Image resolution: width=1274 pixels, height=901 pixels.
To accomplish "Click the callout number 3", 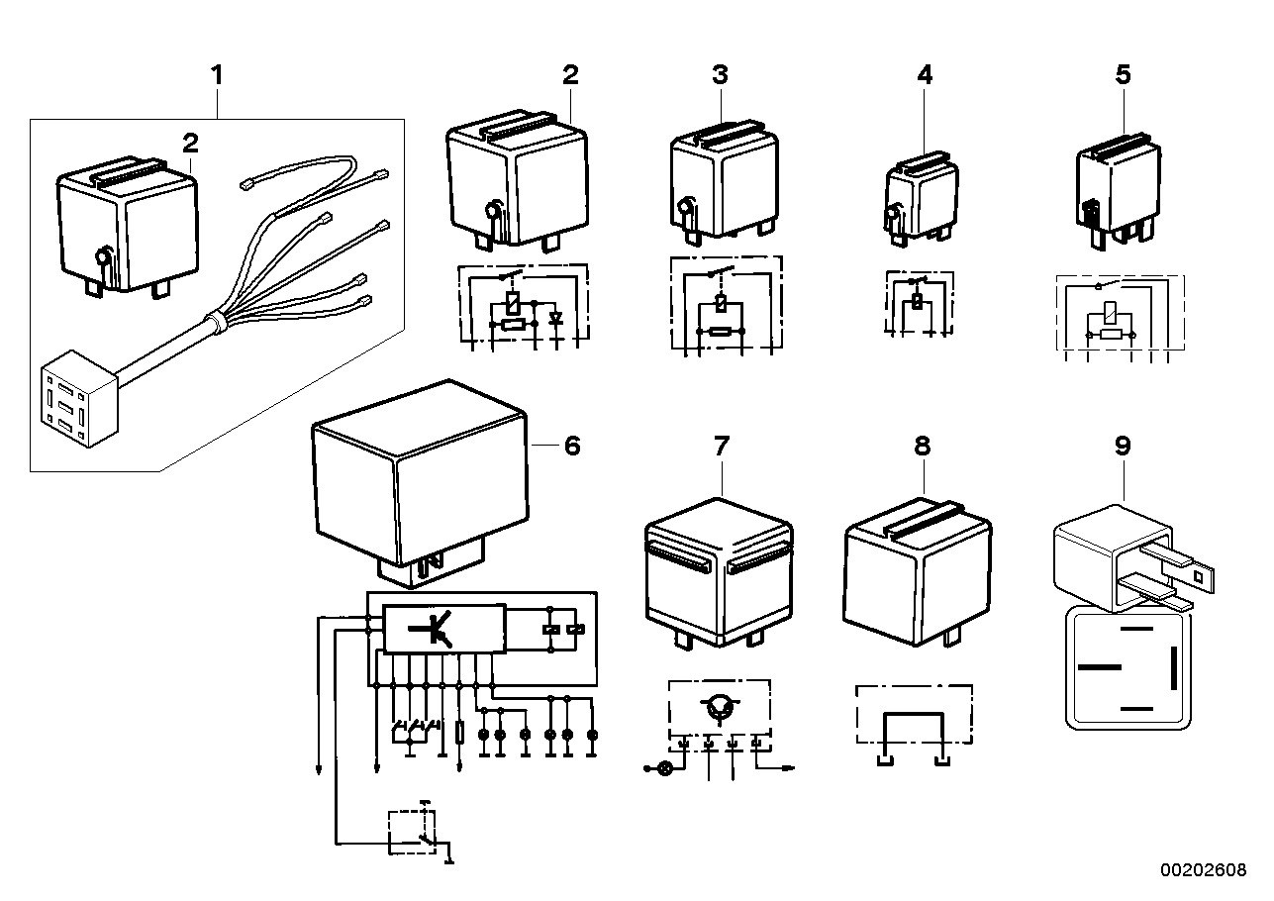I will pos(720,75).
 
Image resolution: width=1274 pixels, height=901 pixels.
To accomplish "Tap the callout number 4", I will pos(924,75).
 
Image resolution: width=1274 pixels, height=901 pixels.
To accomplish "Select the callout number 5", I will pos(1122,75).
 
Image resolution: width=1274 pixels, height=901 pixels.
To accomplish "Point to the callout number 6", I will pos(571,446).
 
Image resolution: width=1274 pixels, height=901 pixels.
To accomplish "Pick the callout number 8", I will pos(922,446).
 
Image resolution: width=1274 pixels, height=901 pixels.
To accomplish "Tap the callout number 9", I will pos(1122,446).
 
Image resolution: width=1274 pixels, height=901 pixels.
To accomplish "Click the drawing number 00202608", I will pos(1204,869).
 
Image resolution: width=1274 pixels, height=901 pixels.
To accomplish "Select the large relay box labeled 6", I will pos(416,475).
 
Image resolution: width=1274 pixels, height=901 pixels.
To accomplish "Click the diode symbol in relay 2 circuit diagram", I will pos(556,319).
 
